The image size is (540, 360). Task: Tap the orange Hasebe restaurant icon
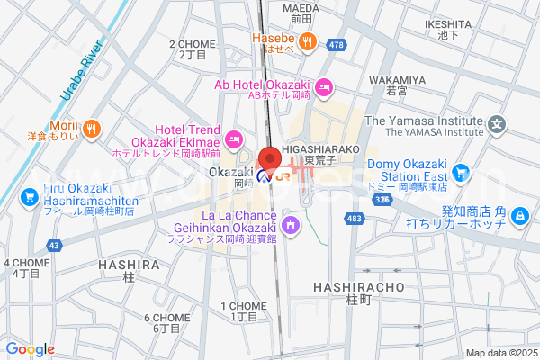tap(307, 39)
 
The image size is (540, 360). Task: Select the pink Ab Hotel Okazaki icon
tap(325, 86)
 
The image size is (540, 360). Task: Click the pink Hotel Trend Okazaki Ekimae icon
tap(234, 138)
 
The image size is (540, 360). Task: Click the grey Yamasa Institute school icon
tap(497, 123)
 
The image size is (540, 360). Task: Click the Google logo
tap(30, 348)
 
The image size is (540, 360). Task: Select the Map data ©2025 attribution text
tap(500, 353)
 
